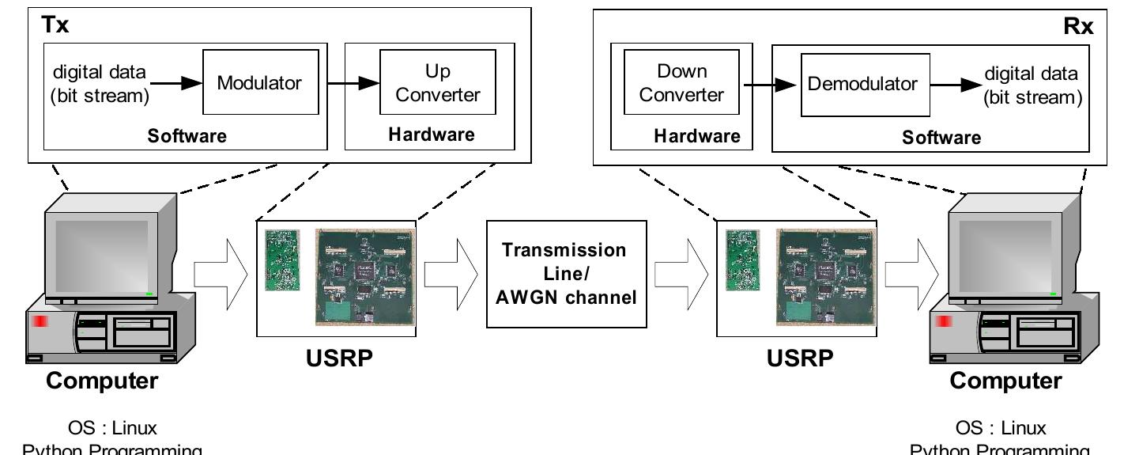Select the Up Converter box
click(x=438, y=83)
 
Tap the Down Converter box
click(x=681, y=83)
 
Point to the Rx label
click(x=1078, y=26)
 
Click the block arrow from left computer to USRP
click(x=221, y=275)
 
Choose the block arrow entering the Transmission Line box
click(x=451, y=275)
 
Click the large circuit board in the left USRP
click(x=366, y=276)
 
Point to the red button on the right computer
click(x=943, y=322)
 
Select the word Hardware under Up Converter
click(x=432, y=135)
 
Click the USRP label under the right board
click(x=799, y=358)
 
